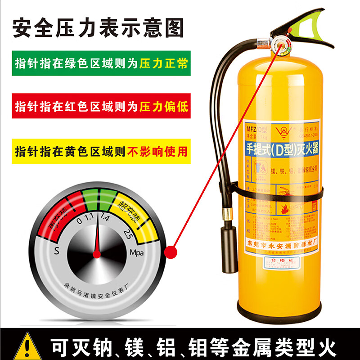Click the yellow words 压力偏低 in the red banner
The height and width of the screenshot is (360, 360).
coord(164,107)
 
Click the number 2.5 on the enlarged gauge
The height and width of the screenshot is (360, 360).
coord(127,234)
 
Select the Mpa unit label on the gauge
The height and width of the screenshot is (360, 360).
coord(137,252)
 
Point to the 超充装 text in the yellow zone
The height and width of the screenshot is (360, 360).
coord(127,212)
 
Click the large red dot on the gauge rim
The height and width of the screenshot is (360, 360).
coord(171,252)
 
